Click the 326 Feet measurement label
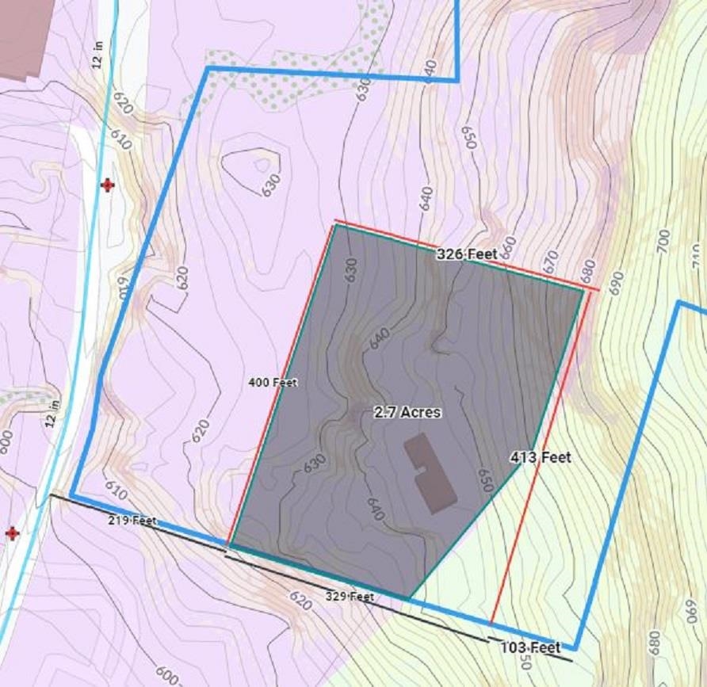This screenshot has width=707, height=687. click(467, 254)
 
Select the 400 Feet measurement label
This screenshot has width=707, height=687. click(273, 383)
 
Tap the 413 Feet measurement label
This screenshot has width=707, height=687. click(541, 457)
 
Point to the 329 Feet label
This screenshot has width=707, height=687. click(350, 596)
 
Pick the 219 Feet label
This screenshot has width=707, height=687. click(132, 521)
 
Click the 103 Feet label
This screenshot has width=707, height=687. click(530, 647)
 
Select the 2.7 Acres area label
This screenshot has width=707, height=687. click(407, 413)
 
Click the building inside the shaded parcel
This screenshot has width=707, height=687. click(430, 473)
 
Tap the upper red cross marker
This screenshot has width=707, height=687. click(107, 185)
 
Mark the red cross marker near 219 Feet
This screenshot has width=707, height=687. click(12, 533)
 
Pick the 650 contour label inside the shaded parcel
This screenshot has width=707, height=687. click(485, 481)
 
